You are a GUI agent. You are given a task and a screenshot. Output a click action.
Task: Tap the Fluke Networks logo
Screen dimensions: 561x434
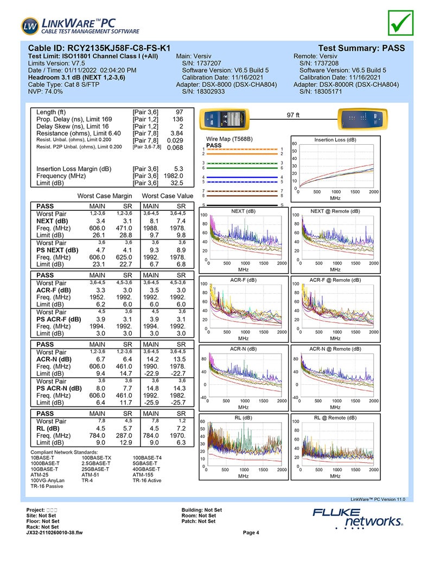358,518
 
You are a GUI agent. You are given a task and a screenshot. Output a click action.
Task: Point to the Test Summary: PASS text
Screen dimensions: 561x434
361,48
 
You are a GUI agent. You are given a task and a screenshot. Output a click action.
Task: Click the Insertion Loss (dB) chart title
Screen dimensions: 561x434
335,140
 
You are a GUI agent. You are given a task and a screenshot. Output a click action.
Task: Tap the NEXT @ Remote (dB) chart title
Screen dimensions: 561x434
335,211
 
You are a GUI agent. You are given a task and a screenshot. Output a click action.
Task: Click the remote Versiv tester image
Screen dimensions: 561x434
360,118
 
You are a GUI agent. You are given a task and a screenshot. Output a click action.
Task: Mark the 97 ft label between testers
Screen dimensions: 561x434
293,115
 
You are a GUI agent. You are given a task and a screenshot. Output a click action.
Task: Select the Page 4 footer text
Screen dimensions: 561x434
251,532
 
